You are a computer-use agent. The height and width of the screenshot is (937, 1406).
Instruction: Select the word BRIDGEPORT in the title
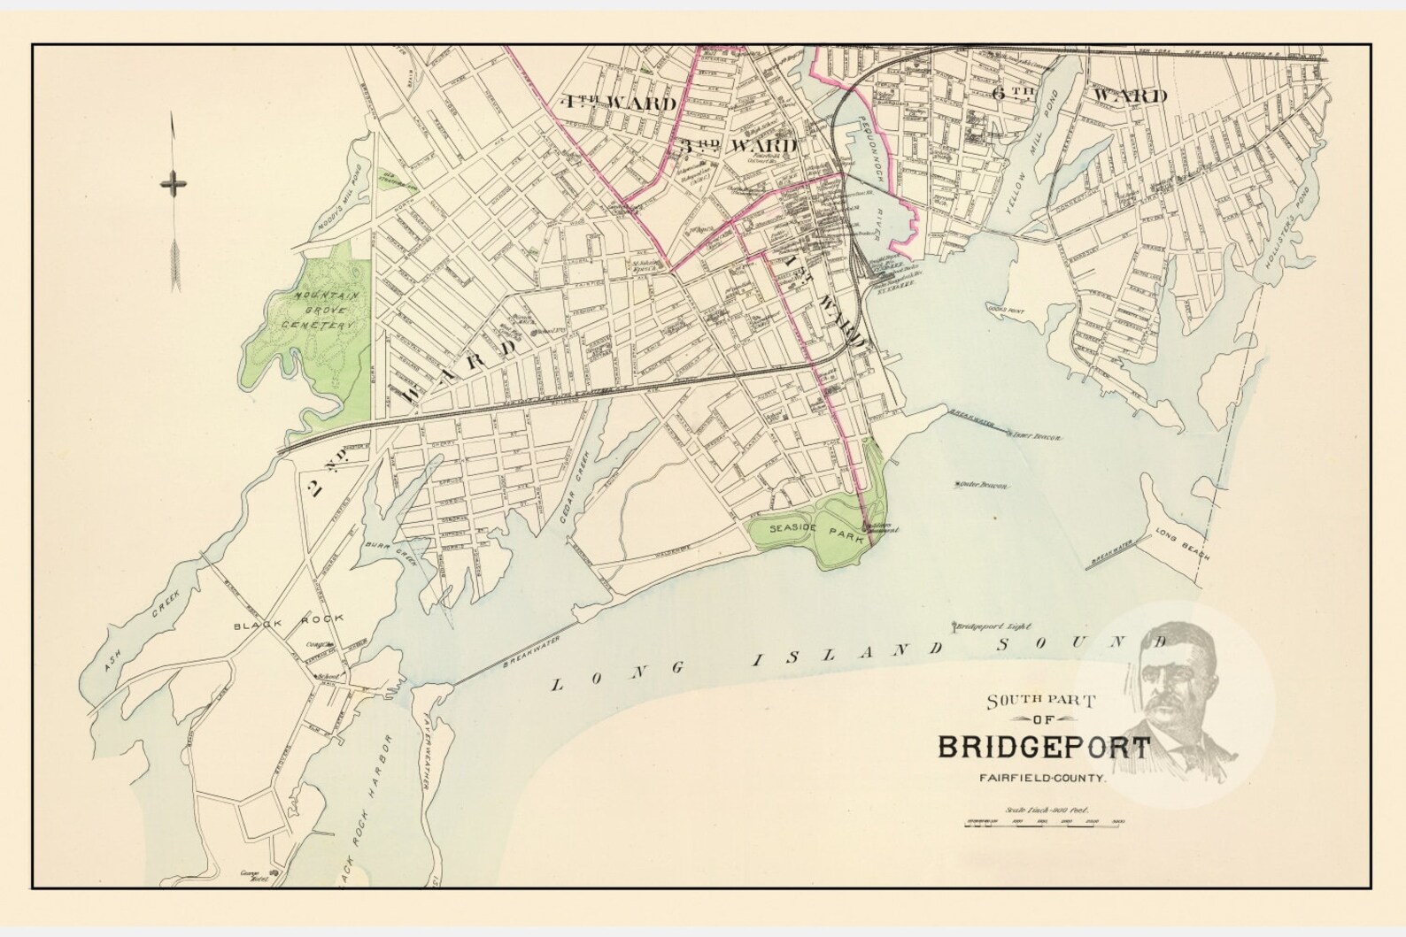(x=1043, y=747)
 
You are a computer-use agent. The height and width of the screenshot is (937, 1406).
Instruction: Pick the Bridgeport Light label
(x=993, y=626)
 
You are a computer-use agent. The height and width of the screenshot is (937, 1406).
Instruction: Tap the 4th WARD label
(x=618, y=103)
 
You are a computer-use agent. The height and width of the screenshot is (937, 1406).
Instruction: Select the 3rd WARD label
(x=738, y=145)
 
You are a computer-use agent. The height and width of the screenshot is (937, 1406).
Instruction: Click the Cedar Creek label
(x=576, y=486)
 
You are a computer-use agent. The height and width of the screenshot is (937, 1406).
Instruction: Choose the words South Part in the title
(x=1041, y=701)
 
